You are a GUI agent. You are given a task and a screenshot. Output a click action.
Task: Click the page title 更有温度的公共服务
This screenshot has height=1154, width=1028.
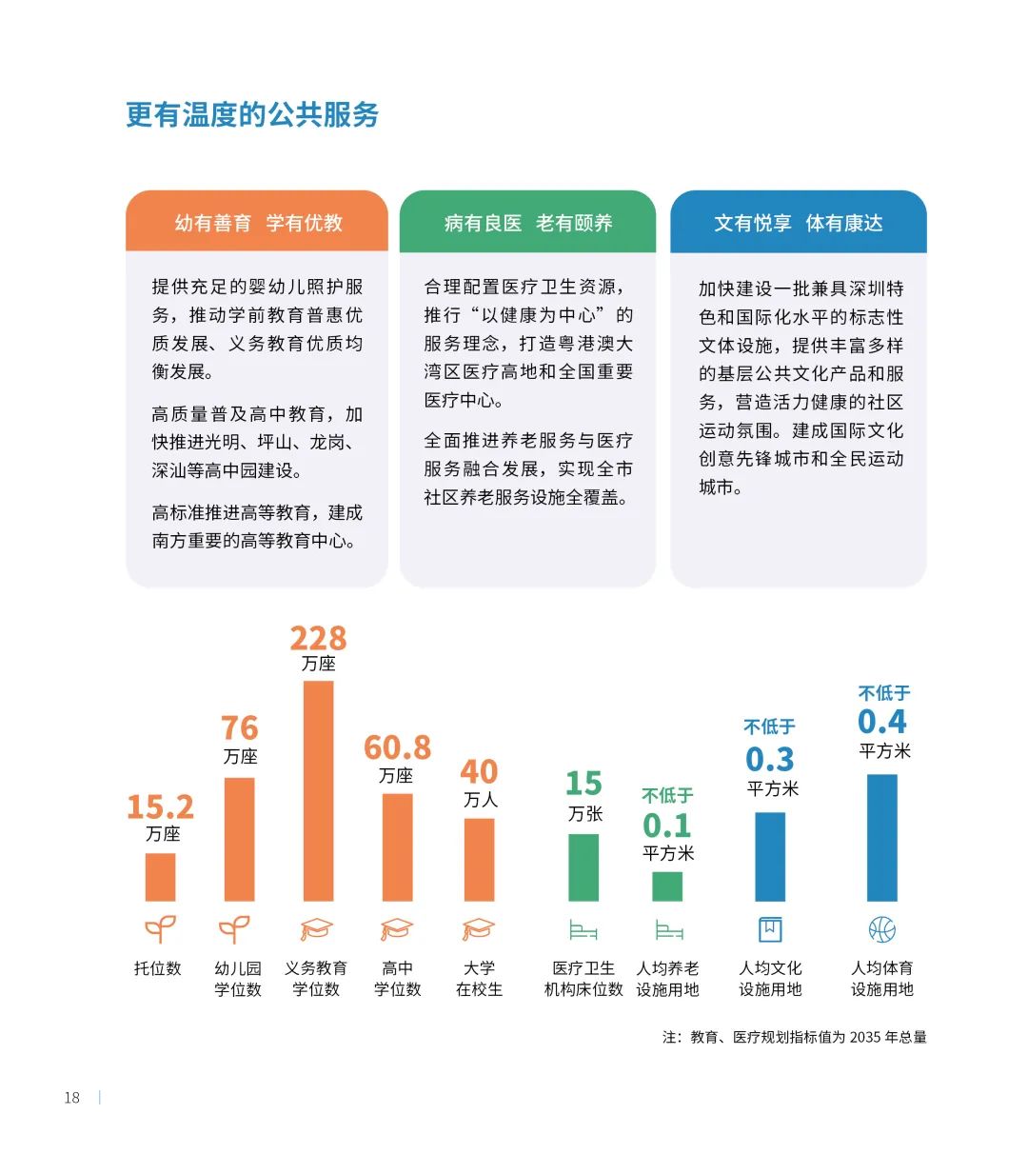[x=252, y=115]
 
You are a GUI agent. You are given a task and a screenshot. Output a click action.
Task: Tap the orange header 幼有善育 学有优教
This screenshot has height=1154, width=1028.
[x=258, y=223]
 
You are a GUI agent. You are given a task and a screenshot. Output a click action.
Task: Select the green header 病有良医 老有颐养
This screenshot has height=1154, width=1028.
[x=528, y=223]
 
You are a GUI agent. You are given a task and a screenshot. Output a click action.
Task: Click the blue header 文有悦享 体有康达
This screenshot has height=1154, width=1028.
[x=799, y=223]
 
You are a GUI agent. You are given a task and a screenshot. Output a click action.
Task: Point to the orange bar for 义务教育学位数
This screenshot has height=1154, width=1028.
[x=318, y=790]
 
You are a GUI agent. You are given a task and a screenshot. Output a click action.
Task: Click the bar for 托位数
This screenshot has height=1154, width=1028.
[x=160, y=877]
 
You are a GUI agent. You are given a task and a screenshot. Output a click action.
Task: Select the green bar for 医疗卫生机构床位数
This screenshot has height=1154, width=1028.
[x=583, y=867]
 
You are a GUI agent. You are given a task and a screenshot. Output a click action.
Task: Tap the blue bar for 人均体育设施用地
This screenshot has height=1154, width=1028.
[x=882, y=837]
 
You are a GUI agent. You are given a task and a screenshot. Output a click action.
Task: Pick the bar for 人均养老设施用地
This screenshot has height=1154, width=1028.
[x=667, y=886]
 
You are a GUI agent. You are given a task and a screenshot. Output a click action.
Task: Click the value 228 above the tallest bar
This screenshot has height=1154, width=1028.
[x=318, y=638]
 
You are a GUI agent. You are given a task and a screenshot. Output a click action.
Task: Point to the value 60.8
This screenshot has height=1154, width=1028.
[x=397, y=747]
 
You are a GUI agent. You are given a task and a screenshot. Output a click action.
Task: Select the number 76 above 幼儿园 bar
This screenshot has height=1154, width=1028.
[x=240, y=728]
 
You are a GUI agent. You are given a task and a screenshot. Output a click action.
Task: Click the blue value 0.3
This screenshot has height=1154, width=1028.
[x=770, y=760]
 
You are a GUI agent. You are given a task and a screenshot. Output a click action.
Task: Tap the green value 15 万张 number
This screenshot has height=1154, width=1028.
[x=583, y=784]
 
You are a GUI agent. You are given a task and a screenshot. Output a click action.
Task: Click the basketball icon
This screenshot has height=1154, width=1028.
[x=882, y=929]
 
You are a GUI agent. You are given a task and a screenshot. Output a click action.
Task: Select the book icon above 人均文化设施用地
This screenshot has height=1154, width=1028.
[x=770, y=929]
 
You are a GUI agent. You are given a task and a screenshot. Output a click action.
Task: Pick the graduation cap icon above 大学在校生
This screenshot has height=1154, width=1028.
[x=479, y=929]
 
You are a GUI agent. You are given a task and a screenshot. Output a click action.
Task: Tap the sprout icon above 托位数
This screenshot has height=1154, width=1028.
[x=160, y=929]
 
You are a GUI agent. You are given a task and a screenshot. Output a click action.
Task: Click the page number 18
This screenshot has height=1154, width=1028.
[x=72, y=1098]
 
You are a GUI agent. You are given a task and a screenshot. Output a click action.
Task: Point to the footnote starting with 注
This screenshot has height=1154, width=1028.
[x=795, y=1037]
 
